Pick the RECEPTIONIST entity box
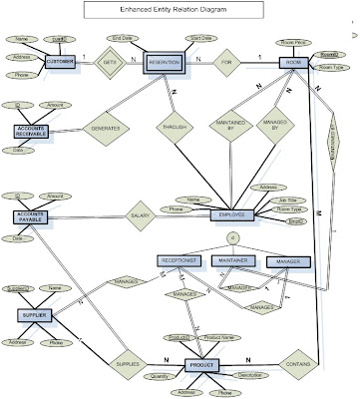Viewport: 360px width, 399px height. pyautogui.click(x=180, y=260)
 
